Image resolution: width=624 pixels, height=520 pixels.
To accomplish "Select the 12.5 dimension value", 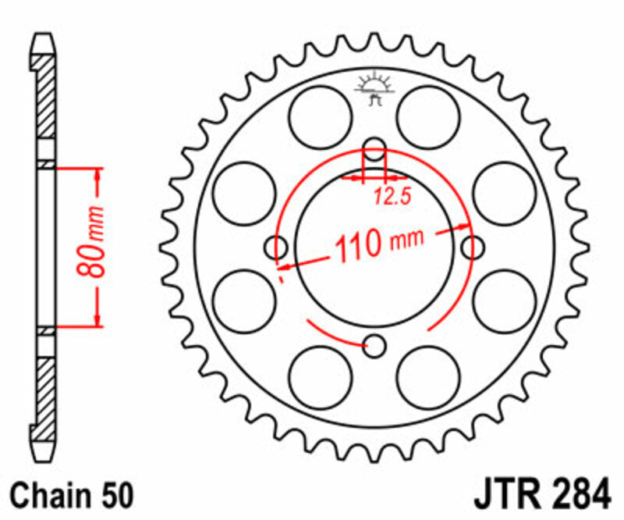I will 392,197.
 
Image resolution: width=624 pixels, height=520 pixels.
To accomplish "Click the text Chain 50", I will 73,494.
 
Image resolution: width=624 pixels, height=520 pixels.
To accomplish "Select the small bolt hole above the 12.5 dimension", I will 375,148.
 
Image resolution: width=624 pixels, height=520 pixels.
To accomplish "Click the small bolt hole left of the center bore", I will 277,248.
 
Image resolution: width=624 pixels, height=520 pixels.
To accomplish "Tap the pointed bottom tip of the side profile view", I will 46,458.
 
